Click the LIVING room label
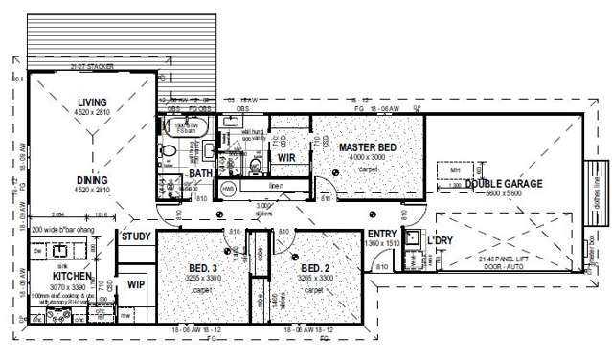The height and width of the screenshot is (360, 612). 93,102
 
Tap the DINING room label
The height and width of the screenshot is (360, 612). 93,179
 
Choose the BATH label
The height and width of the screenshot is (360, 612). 200,174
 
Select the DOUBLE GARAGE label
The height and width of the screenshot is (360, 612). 504,183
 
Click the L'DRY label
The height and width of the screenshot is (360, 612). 441,238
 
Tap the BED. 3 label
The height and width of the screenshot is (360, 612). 203,267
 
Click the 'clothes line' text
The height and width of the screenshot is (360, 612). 595,183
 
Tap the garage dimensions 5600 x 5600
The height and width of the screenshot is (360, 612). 504,193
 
